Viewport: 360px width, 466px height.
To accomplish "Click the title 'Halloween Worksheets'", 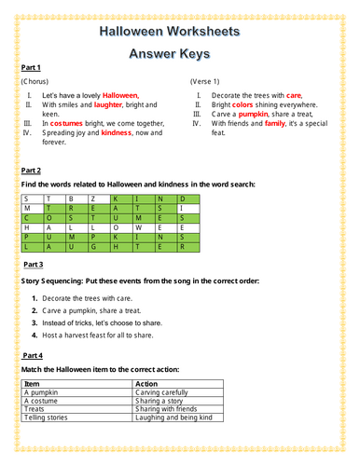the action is pos(179,31).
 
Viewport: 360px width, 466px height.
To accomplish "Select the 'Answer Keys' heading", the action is pos(179,54).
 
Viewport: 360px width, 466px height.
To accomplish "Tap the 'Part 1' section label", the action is pos(31,68).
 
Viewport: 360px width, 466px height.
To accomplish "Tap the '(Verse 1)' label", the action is pos(207,82).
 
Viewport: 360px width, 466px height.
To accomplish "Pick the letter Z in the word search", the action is pos(92,199).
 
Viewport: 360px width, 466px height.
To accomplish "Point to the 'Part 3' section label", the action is pos(31,265).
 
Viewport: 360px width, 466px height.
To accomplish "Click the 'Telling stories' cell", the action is pos(48,418).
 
